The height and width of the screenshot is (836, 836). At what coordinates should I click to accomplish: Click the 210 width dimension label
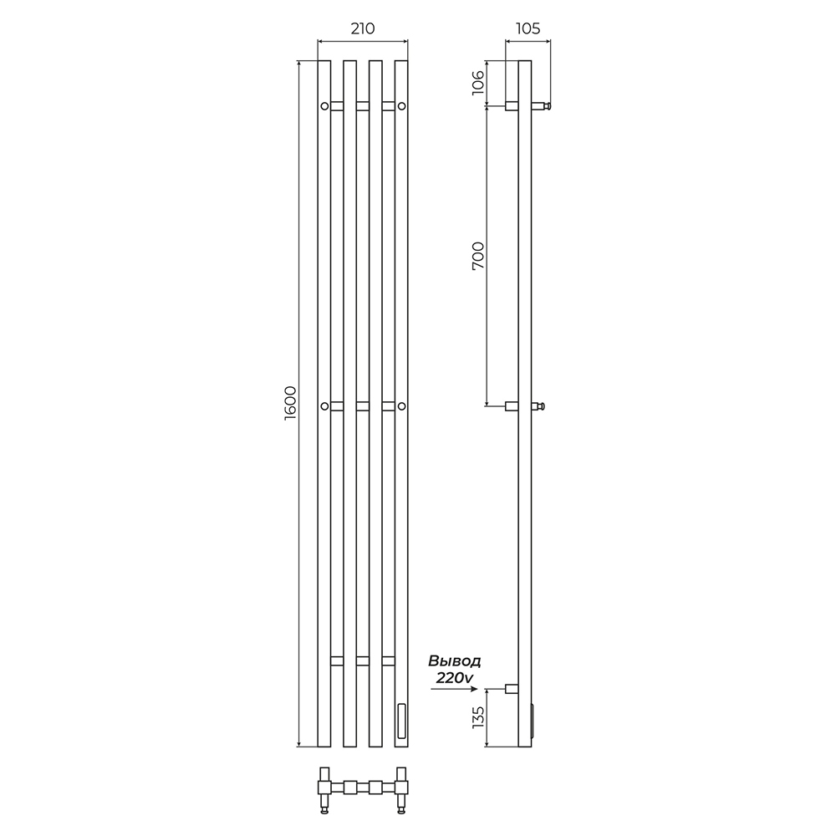[x=363, y=28]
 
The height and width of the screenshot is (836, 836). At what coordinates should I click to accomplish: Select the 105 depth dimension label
[x=528, y=28]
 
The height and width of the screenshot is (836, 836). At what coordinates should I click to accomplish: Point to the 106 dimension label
[x=478, y=83]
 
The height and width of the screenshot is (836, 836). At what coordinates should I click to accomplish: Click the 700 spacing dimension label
[x=478, y=255]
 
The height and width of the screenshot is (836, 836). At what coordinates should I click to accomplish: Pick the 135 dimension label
[x=478, y=717]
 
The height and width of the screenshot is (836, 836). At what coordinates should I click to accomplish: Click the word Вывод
[x=455, y=661]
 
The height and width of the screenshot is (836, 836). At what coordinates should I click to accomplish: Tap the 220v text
[x=455, y=678]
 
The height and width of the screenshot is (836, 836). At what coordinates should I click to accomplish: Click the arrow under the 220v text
[x=454, y=689]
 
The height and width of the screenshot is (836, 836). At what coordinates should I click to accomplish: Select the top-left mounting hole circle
[x=324, y=105]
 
